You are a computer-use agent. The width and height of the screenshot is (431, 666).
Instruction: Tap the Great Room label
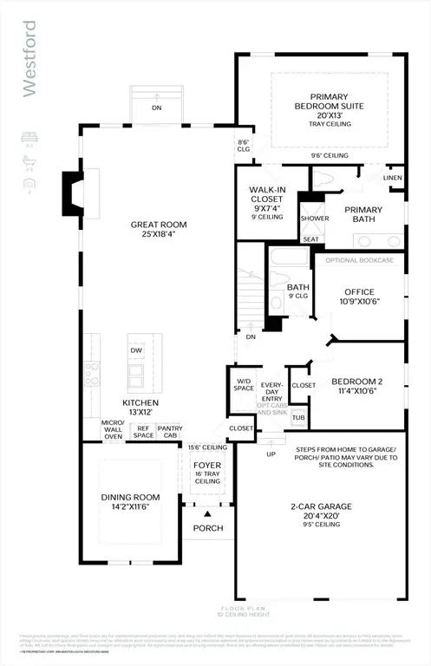pos(159,230)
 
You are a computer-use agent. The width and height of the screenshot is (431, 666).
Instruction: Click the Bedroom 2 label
pos(357,386)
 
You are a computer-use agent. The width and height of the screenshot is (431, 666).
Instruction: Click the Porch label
pos(208,528)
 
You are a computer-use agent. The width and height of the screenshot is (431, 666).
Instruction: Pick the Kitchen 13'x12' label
pos(139,408)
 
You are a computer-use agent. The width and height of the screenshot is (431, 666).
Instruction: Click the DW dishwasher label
pos(136,350)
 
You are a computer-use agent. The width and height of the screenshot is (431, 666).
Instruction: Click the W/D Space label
pos(245,383)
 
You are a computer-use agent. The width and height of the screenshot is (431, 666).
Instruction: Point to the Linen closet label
pos(392,178)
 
